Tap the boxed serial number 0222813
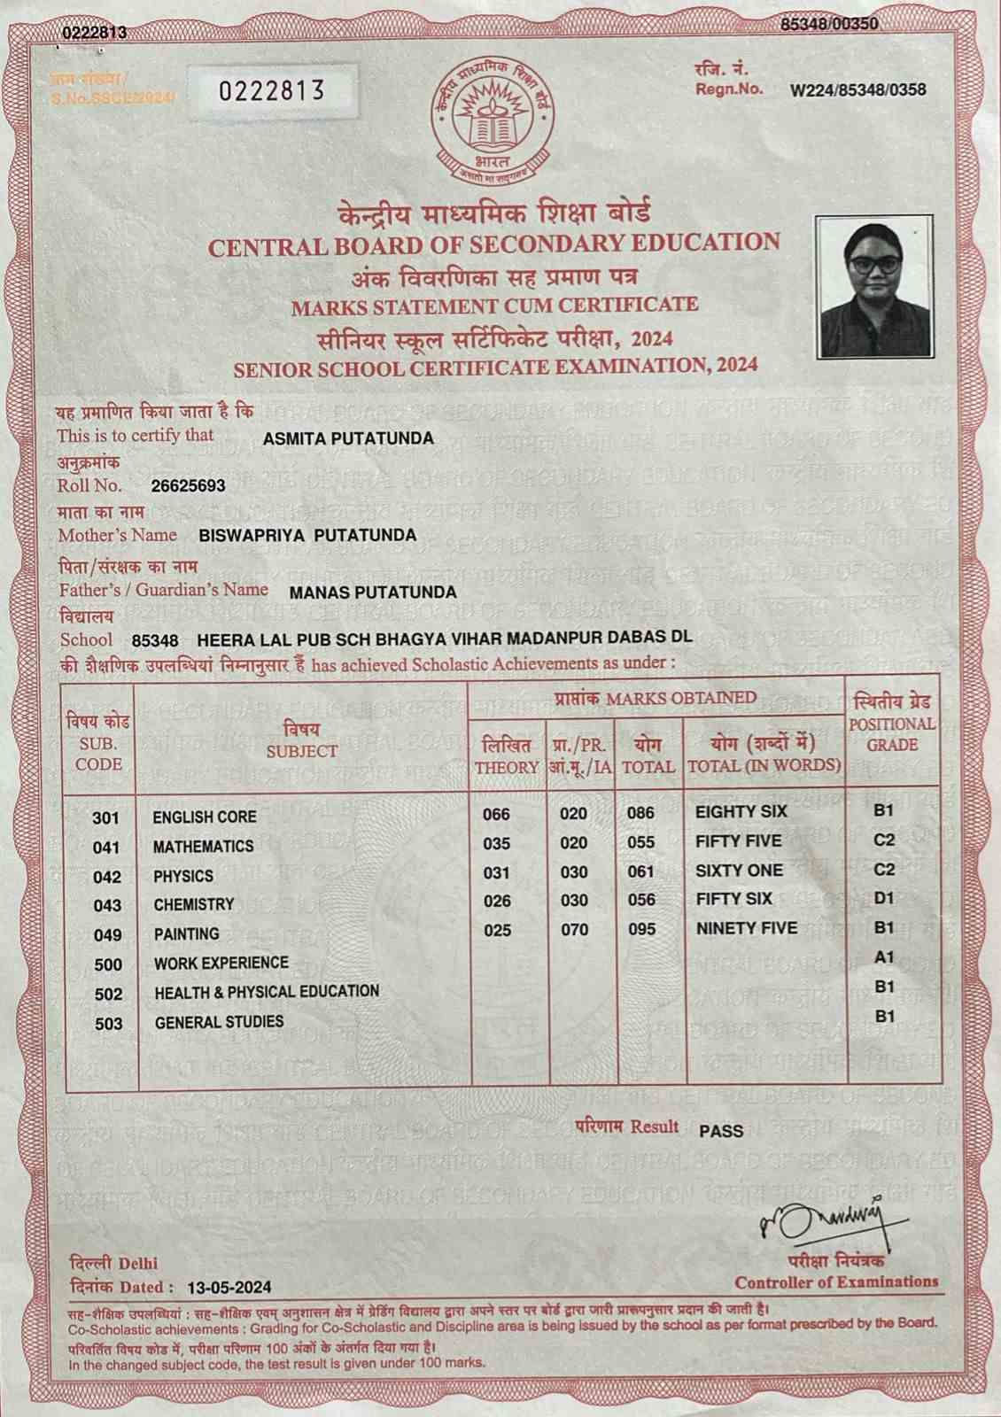click(271, 89)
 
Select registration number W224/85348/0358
click(858, 89)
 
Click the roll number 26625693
click(189, 486)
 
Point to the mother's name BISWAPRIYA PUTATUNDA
click(307, 535)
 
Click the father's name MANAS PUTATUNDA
click(374, 592)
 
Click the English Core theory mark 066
click(496, 814)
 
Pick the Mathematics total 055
click(640, 843)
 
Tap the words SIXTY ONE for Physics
click(739, 871)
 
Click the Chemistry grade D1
click(884, 899)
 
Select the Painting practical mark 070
click(574, 930)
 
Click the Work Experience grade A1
click(884, 957)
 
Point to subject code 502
click(108, 995)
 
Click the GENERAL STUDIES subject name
click(219, 1022)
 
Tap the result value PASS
click(721, 1131)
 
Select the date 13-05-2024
click(230, 1287)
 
